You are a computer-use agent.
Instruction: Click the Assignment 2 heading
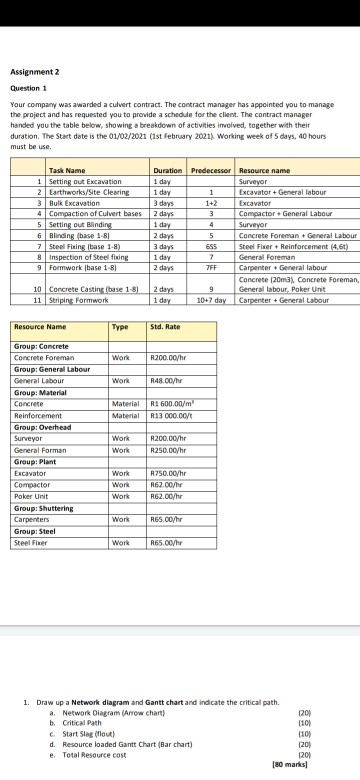pos(27,72)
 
